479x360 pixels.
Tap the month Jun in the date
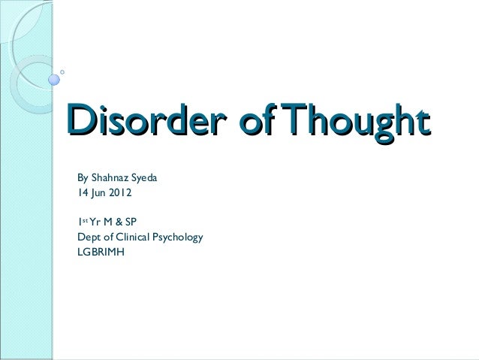97,193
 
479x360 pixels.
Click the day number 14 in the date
81,193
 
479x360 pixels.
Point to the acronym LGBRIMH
101,251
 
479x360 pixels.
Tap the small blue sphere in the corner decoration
55,77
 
